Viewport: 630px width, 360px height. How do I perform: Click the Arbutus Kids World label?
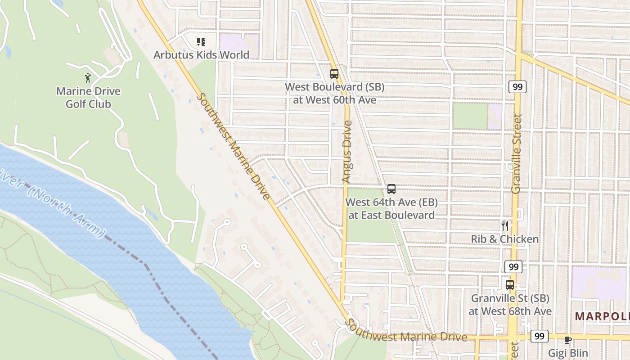pyautogui.click(x=201, y=55)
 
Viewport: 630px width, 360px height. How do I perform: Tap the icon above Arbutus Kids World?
pyautogui.click(x=201, y=42)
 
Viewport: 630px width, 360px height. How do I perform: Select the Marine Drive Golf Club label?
pyautogui.click(x=88, y=98)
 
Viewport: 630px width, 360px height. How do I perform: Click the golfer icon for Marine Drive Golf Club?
pyautogui.click(x=88, y=78)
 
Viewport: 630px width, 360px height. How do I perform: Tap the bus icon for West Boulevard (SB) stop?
pyautogui.click(x=334, y=74)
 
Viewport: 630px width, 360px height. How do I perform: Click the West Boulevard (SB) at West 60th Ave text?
pyautogui.click(x=335, y=93)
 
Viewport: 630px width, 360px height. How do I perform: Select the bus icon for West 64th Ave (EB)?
pyautogui.click(x=391, y=189)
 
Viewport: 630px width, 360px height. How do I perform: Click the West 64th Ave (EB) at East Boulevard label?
pyautogui.click(x=391, y=208)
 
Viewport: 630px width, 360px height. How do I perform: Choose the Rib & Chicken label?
pyautogui.click(x=504, y=239)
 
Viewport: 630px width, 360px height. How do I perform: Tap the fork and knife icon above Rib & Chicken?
pyautogui.click(x=505, y=225)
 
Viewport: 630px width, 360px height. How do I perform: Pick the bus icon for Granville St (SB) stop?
pyautogui.click(x=509, y=284)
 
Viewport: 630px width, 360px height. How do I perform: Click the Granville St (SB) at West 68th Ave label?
pyautogui.click(x=510, y=305)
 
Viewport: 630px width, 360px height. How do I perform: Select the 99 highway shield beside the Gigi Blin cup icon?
pyautogui.click(x=539, y=336)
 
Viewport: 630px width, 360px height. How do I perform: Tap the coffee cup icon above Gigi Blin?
pyautogui.click(x=567, y=340)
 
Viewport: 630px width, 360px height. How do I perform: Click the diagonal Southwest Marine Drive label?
pyautogui.click(x=234, y=146)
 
